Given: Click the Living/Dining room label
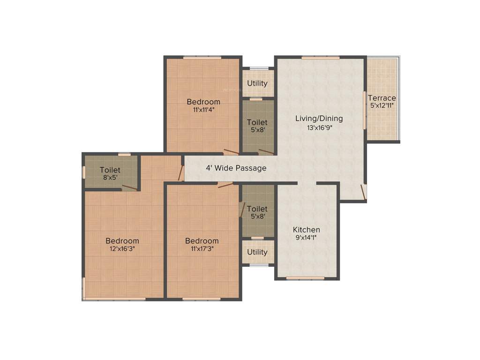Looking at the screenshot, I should point(319,118).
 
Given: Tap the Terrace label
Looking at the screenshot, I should point(382,98).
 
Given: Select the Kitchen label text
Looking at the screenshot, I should point(307,230).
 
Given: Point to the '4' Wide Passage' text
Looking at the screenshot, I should point(236,168).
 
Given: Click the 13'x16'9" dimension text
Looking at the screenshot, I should point(319,127).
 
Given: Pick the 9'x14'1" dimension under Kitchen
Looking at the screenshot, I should point(307,238).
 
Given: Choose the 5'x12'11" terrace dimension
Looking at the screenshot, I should point(382,106).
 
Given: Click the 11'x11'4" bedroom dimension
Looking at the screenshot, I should point(203,110).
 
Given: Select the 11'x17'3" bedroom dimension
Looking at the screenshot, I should point(202,249).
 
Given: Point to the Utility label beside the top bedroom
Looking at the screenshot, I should point(257,83).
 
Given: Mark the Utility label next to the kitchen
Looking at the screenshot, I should point(257,252).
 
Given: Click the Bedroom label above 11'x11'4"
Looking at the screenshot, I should point(203,102).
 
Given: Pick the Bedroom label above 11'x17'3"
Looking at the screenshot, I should point(202,241).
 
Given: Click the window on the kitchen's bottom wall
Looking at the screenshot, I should point(305,278).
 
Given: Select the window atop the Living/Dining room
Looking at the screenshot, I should point(321,58).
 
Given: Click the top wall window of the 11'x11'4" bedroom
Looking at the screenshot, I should point(202,58).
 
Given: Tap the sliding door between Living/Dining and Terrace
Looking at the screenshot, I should point(365,109).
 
